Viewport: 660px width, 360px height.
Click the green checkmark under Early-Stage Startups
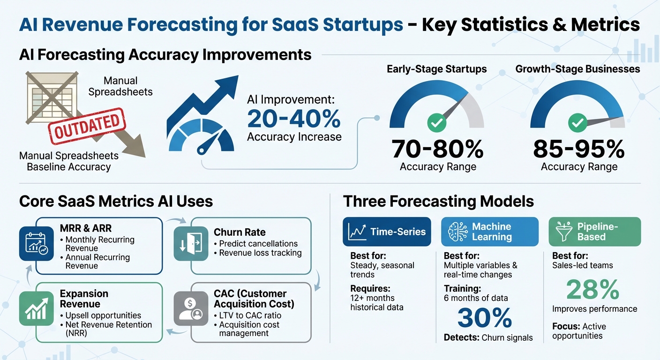click(436, 123)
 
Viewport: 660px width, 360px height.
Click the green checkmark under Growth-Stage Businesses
click(577, 123)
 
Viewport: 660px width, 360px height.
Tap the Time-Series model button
click(387, 232)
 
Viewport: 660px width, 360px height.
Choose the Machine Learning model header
click(489, 232)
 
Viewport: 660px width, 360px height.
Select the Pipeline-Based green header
click(594, 232)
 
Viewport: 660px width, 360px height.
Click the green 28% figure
click(592, 290)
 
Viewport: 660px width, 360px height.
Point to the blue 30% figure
click(485, 318)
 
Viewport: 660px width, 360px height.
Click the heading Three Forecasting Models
click(438, 202)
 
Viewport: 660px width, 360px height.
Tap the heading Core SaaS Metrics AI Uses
click(116, 202)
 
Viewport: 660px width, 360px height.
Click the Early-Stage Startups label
click(436, 69)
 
